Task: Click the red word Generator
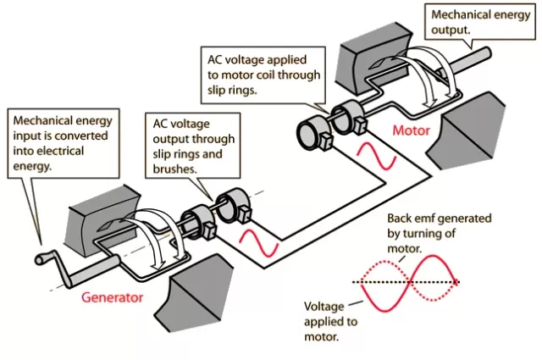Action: [113, 298]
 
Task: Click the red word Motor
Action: [412, 130]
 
